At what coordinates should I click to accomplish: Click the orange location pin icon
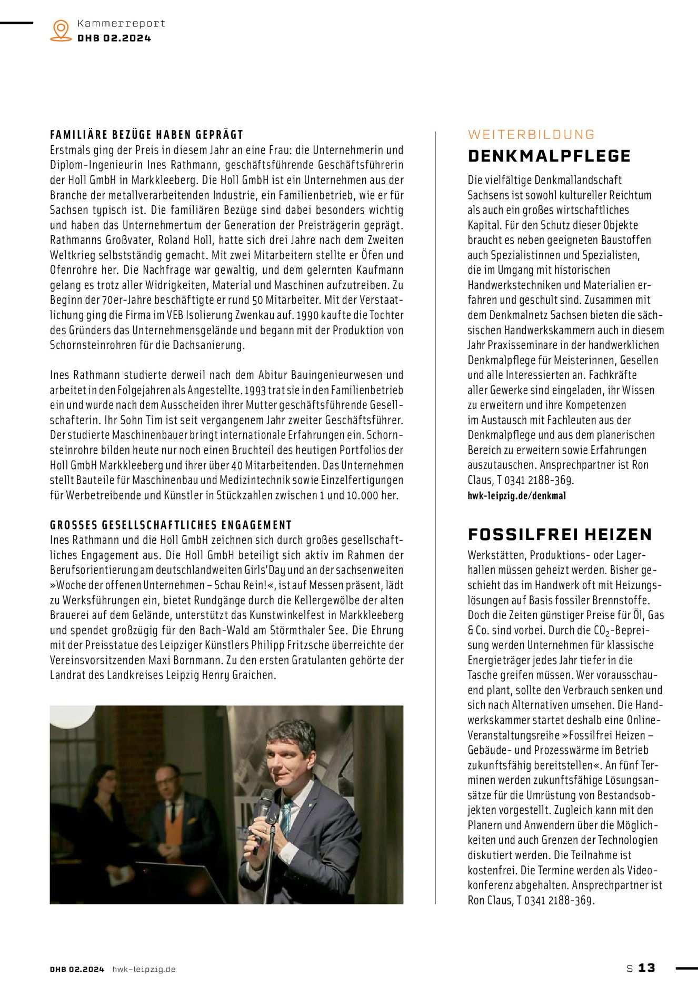pos(61,31)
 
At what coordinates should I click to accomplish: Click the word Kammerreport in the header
pos(121,24)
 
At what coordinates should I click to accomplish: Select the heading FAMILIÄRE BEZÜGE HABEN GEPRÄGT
pos(147,135)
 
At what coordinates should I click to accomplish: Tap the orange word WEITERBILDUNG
pos(531,135)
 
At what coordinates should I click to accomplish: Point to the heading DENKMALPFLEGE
pos(549,156)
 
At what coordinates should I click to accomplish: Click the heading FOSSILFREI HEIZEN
pos(560,535)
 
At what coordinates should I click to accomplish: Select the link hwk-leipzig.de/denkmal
pos(516,496)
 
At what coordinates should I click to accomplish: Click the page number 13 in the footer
pos(647,968)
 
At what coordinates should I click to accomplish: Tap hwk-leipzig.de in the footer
pos(144,969)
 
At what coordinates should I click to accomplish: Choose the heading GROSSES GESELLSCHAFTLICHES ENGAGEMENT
pos(171,525)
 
